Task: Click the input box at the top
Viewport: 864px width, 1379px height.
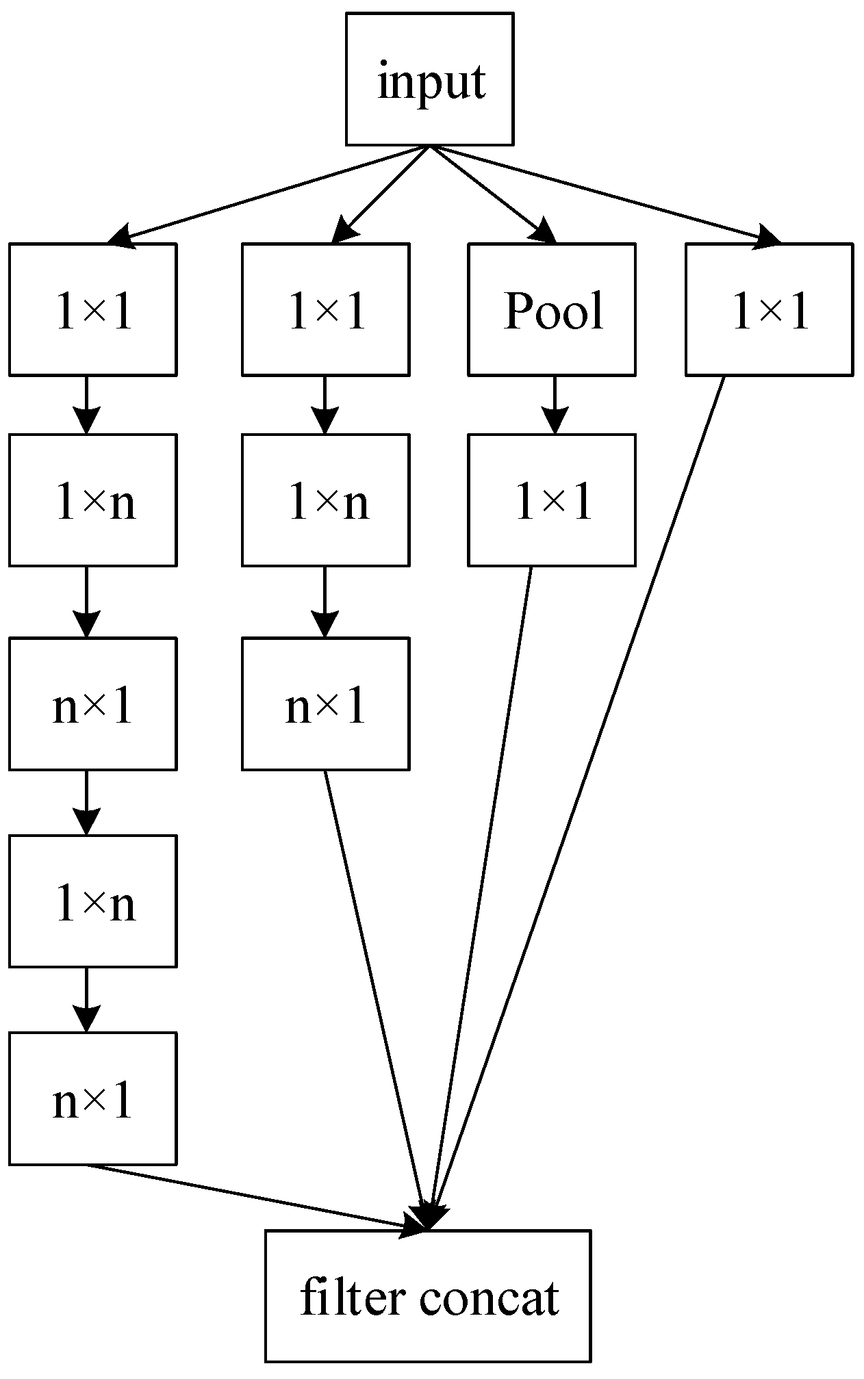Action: click(429, 79)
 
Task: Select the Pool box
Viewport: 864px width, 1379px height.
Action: click(552, 309)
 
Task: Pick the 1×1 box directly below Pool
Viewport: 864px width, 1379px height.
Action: click(552, 500)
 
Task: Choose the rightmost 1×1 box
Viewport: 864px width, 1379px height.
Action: click(769, 309)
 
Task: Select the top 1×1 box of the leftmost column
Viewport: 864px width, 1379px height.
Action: click(92, 309)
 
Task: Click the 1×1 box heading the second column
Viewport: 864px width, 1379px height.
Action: click(325, 309)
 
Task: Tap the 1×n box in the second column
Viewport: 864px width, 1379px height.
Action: click(325, 500)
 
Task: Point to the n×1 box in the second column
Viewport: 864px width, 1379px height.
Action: click(325, 704)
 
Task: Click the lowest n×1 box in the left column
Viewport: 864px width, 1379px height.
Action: click(92, 1099)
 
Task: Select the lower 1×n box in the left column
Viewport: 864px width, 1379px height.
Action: click(92, 901)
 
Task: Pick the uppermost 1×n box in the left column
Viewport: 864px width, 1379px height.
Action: click(92, 500)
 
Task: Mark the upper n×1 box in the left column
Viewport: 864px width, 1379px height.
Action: click(92, 704)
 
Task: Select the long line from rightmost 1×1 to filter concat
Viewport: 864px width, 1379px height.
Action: click(582, 787)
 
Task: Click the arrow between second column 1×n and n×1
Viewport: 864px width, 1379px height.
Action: click(325, 602)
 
